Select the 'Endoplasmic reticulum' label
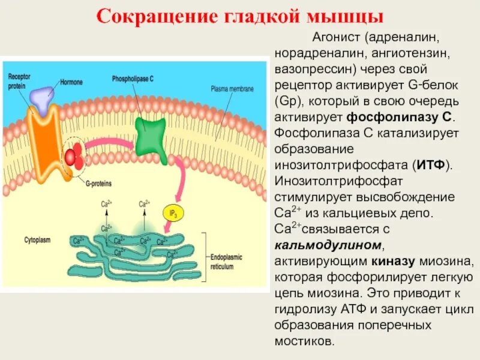click(227, 259)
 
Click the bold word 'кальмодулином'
click(328, 245)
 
